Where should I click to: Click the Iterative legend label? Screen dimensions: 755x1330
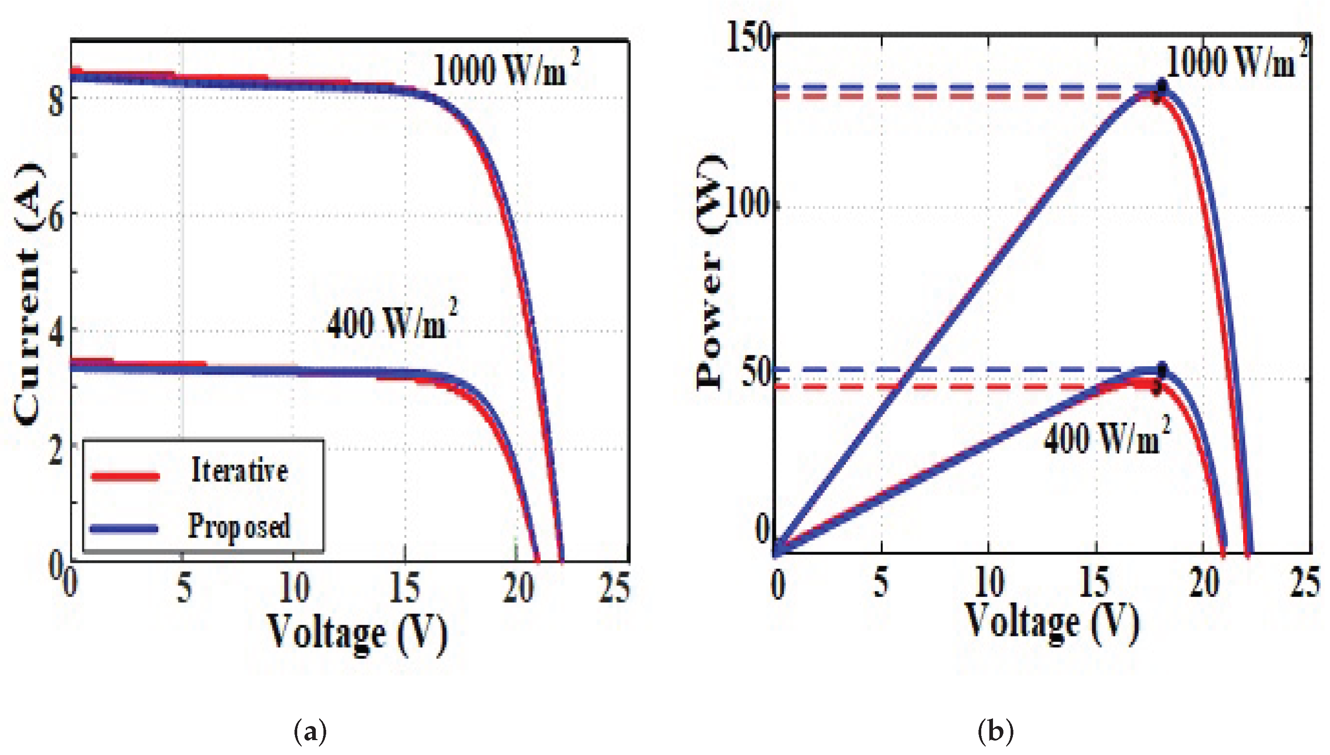click(240, 470)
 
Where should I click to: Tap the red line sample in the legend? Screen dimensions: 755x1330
click(124, 476)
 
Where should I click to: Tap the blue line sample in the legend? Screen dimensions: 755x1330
click(124, 528)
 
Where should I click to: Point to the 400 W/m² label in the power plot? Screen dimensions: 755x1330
click(1107, 438)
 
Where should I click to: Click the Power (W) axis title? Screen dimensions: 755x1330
click(710, 272)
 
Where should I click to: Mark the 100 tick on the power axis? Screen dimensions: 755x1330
click(747, 205)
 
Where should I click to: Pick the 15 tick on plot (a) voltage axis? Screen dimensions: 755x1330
click(404, 589)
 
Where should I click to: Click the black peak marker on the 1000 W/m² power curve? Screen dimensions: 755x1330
click(1163, 85)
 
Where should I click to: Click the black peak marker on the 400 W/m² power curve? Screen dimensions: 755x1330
click(1163, 370)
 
